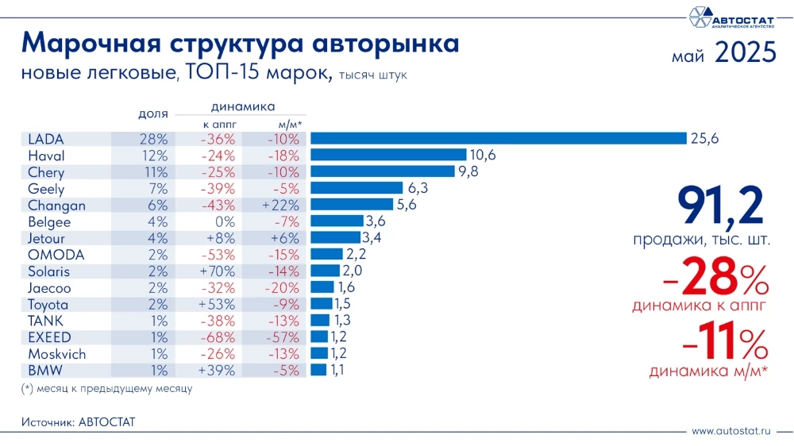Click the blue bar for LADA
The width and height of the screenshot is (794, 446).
(498, 138)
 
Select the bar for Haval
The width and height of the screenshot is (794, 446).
(388, 155)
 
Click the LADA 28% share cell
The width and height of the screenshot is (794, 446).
(152, 138)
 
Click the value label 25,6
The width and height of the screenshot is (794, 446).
(704, 138)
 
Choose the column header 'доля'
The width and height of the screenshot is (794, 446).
(152, 114)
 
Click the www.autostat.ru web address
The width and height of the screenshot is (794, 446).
(731, 431)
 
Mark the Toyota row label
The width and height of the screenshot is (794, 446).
(48, 304)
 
